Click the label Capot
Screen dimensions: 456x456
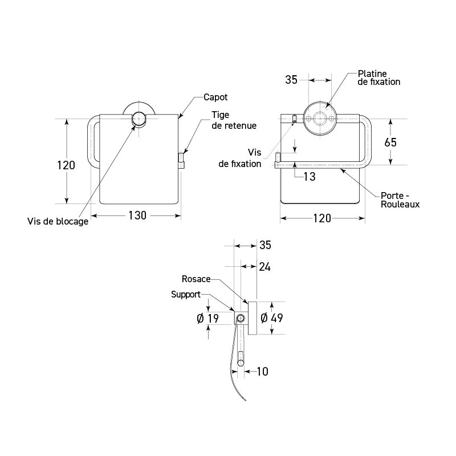click(215, 97)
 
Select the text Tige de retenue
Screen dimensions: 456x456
click(234, 120)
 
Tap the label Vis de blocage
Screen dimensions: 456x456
click(58, 222)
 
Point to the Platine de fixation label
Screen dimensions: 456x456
click(379, 78)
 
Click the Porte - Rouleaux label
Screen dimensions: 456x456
click(400, 199)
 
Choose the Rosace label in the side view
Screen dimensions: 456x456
click(196, 279)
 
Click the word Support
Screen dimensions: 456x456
click(186, 295)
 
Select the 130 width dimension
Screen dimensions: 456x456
click(137, 215)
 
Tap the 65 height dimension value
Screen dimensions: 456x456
click(390, 142)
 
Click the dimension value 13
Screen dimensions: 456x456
click(309, 177)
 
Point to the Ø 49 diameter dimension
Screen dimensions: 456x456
click(272, 318)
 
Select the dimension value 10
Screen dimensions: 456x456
click(262, 372)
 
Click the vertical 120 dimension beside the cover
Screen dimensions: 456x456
click(66, 165)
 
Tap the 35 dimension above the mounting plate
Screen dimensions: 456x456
click(291, 80)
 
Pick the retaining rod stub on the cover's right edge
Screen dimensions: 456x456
click(182, 161)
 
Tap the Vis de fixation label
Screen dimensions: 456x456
click(239, 158)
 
